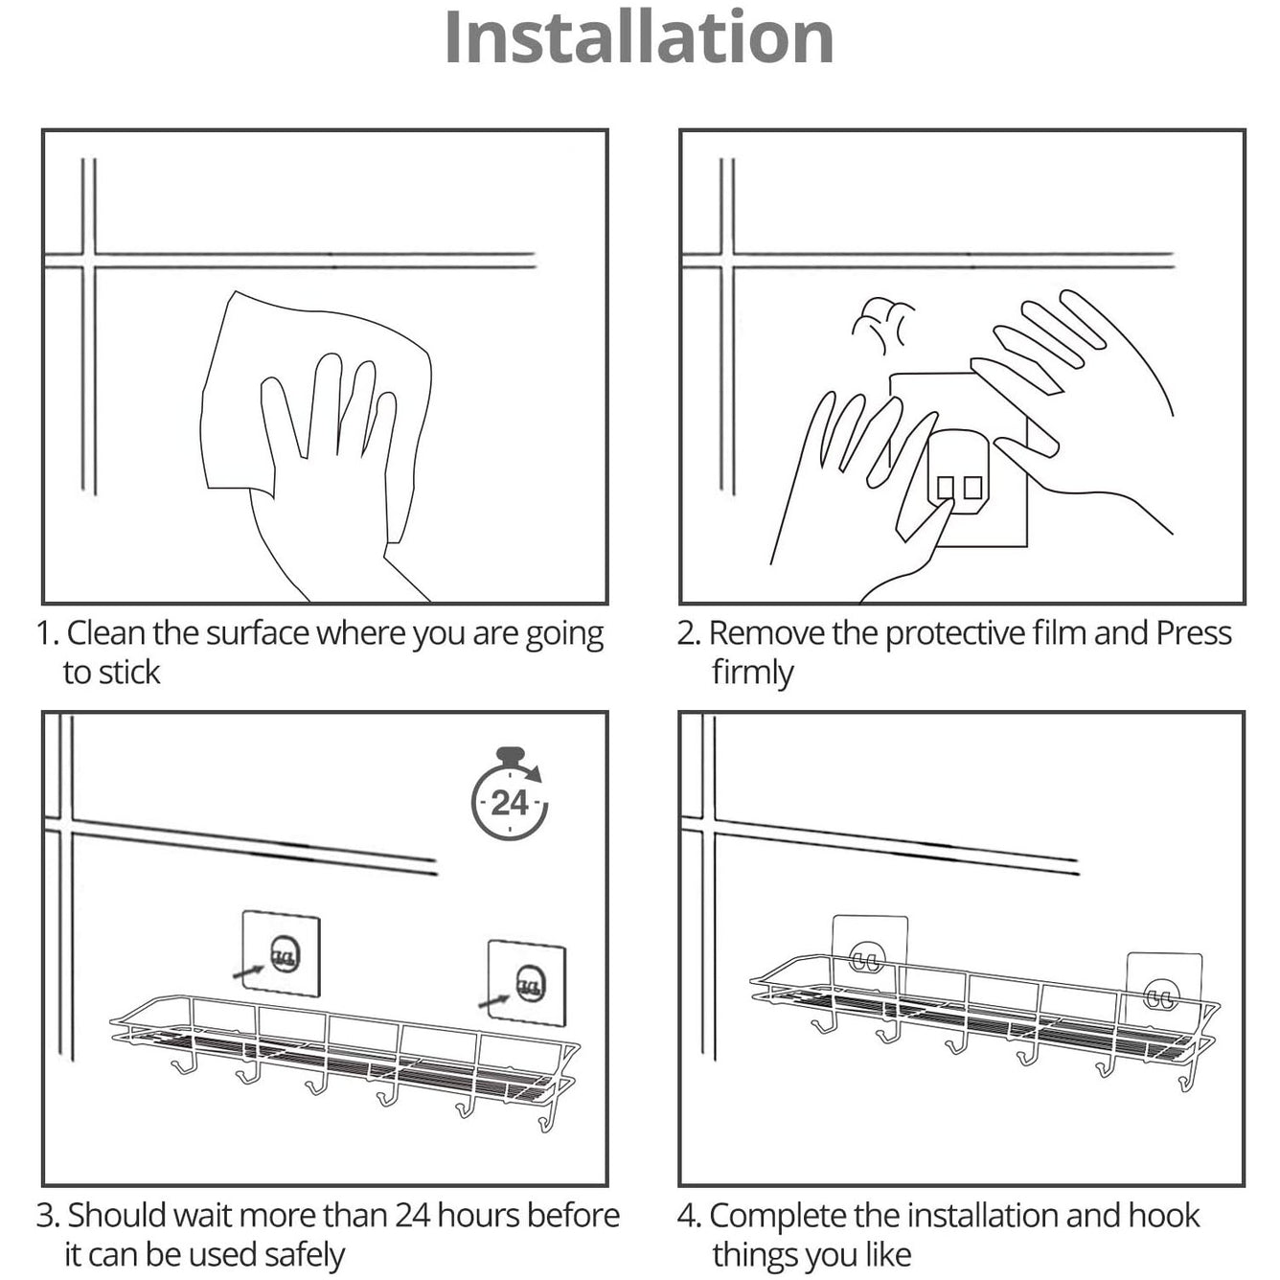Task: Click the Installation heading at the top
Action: (x=639, y=37)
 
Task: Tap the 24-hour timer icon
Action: (x=510, y=793)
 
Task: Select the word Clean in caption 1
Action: (x=105, y=633)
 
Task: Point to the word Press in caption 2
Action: (x=1194, y=633)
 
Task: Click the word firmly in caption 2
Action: (x=753, y=673)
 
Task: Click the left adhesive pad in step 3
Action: (x=281, y=953)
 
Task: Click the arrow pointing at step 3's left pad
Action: (x=249, y=971)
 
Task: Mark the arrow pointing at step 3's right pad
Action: (x=495, y=1000)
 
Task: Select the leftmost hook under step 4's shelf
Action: (x=824, y=1023)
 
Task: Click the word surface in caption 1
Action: (x=258, y=633)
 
